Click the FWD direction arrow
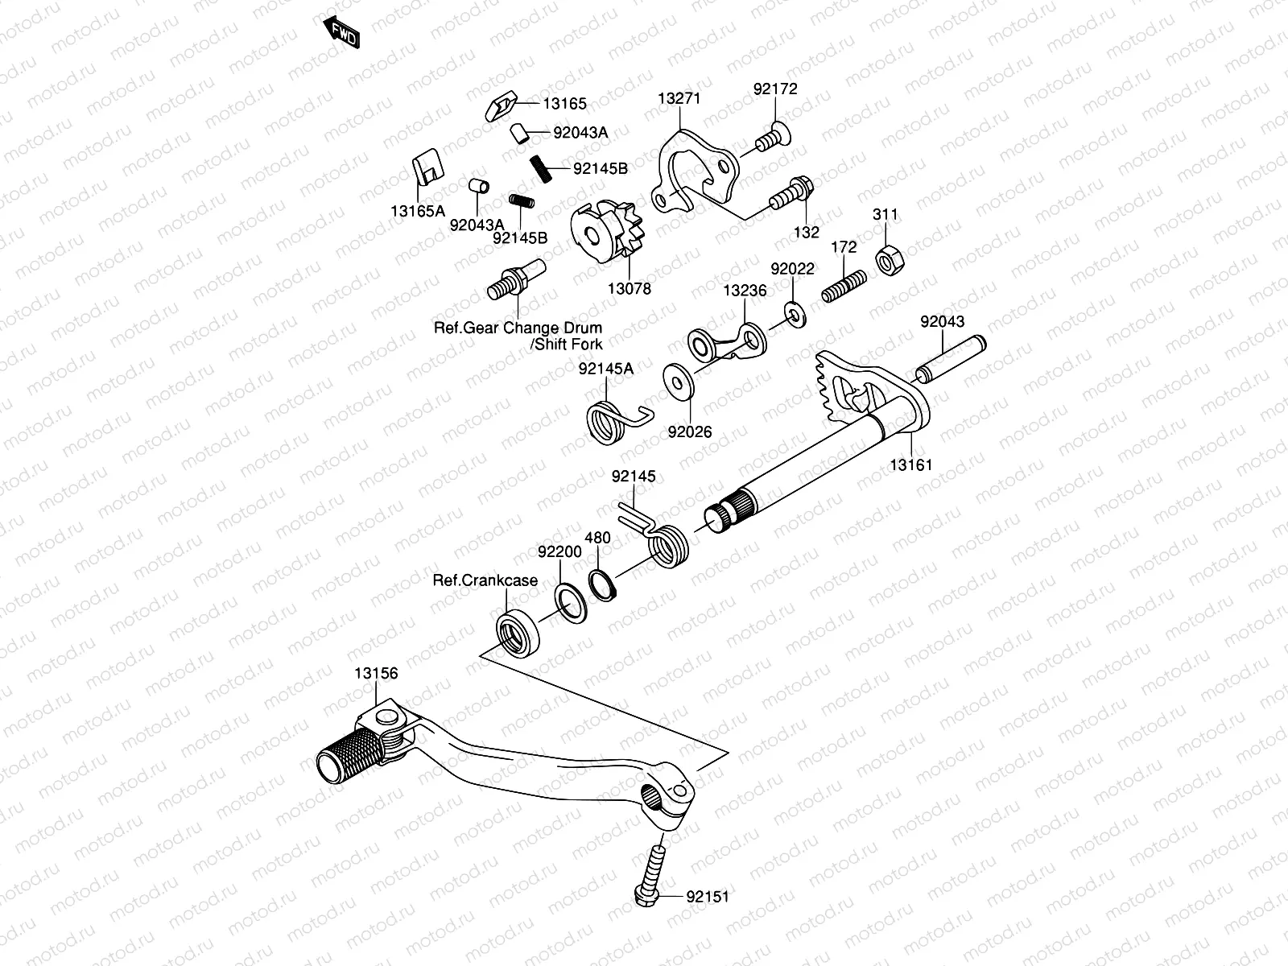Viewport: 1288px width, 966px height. (x=341, y=32)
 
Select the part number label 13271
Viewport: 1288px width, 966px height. (x=679, y=98)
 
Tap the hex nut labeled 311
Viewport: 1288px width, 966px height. (x=890, y=259)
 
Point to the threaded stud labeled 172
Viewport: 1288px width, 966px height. (x=844, y=286)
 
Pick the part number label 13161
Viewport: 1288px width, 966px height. (x=910, y=465)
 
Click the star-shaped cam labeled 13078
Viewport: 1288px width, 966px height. (x=607, y=231)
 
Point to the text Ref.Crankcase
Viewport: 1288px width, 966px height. (x=485, y=580)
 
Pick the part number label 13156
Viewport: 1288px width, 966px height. (x=376, y=673)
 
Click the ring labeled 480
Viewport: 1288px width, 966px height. (x=602, y=584)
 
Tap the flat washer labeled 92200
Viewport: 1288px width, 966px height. (x=571, y=603)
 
